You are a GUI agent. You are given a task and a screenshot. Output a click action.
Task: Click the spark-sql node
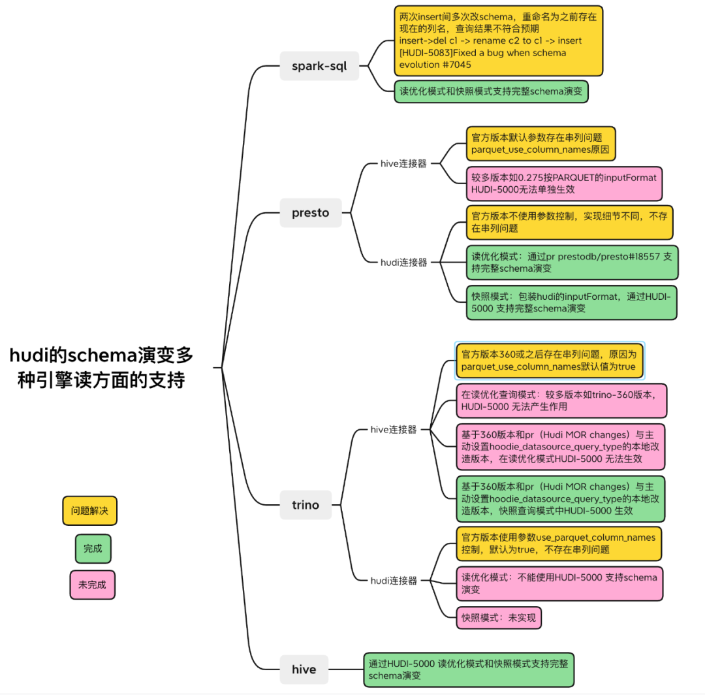point(319,66)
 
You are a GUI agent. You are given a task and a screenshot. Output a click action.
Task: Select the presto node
point(310,213)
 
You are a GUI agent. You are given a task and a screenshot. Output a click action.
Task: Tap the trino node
point(305,505)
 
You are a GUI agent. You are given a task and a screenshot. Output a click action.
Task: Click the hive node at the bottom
point(304,670)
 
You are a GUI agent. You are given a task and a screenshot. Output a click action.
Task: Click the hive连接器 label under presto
point(403,164)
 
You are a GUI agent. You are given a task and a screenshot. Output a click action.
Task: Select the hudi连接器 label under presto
point(403,262)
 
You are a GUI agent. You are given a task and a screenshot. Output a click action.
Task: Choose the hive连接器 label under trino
point(393,430)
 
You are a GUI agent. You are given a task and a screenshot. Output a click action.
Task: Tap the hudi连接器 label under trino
point(393,580)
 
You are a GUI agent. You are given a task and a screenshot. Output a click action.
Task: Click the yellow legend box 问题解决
point(90,511)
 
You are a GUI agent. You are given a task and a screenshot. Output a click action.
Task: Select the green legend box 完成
point(93,549)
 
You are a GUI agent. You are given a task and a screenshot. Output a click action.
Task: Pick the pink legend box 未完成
point(92,585)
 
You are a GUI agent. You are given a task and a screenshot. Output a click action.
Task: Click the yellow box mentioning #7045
point(498,40)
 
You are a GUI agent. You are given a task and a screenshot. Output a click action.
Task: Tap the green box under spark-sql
point(491,92)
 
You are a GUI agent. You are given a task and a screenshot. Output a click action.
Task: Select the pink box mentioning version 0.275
point(564,184)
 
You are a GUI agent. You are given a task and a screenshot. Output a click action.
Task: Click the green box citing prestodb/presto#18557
point(572,263)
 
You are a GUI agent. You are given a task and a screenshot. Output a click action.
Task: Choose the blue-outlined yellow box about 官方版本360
point(549,361)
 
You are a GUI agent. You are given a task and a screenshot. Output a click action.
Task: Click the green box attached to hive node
point(468,670)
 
